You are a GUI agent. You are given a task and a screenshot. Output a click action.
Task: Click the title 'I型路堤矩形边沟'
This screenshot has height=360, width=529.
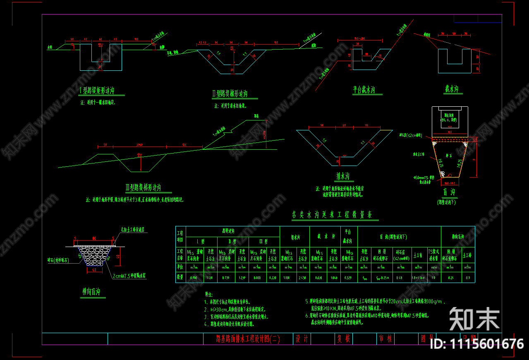[96, 90]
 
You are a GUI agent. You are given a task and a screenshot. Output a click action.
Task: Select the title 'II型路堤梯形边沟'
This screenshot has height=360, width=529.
[235, 94]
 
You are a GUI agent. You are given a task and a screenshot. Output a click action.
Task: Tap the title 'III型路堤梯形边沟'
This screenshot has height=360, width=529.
[143, 187]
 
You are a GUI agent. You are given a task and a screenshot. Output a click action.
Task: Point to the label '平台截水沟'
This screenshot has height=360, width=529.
[364, 89]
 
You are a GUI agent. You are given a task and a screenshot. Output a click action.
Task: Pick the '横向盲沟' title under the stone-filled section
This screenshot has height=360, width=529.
[91, 292]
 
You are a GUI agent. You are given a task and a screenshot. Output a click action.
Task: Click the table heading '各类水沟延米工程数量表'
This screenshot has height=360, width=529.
[332, 215]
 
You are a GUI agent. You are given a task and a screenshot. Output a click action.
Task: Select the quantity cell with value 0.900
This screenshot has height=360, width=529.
[193, 278]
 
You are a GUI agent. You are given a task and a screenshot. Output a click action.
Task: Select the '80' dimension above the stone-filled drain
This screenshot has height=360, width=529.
[94, 238]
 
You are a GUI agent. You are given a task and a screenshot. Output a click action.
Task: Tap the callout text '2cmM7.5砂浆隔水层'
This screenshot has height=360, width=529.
[129, 275]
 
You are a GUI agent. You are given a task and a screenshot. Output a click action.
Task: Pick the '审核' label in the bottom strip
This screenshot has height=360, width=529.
[385, 339]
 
